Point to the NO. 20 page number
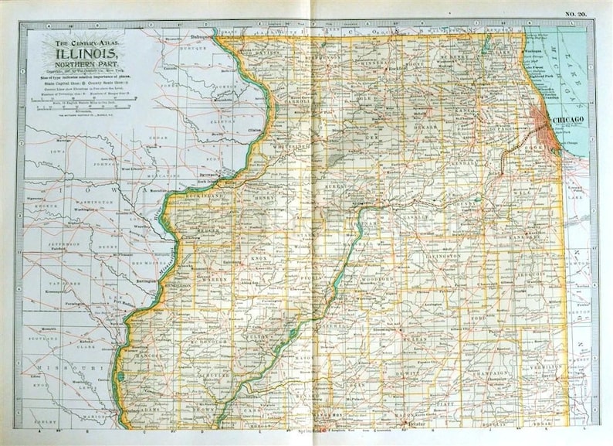click(x=576, y=13)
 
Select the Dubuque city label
click(x=202, y=36)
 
